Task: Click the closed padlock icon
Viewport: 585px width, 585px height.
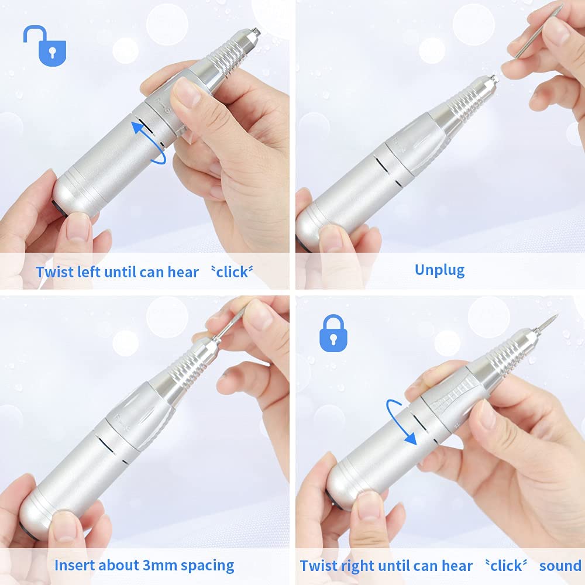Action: (x=333, y=333)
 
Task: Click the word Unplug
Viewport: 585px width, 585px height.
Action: (x=439, y=270)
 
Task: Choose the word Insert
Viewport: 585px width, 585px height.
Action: (x=73, y=565)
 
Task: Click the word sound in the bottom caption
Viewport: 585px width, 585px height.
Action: (x=560, y=566)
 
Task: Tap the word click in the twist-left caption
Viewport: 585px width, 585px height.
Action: (x=232, y=273)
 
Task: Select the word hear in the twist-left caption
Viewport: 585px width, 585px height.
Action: (x=183, y=272)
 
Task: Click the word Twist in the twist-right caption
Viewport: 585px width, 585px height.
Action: (x=319, y=566)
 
